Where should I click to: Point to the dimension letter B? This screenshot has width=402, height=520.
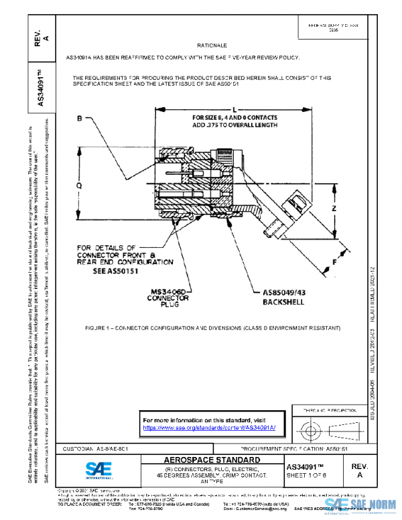[78, 119]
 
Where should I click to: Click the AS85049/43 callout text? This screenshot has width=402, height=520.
[285, 293]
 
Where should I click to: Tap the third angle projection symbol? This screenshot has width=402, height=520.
[327, 428]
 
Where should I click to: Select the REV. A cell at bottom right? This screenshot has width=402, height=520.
[360, 470]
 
